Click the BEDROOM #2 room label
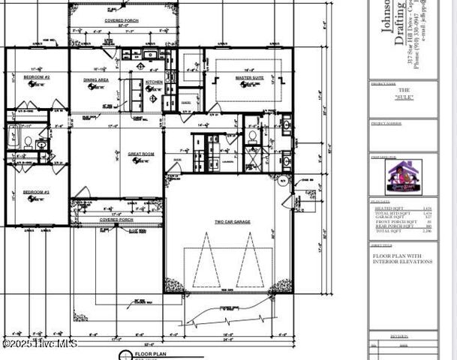(x=36, y=77)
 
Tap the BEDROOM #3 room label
(x=36, y=192)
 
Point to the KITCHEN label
(x=154, y=82)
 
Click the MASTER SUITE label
(x=248, y=77)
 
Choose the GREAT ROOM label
(x=120, y=153)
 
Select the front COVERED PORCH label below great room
(x=116, y=220)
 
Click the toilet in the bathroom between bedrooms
(x=28, y=141)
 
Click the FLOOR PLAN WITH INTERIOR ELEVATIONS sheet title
(x=402, y=259)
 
